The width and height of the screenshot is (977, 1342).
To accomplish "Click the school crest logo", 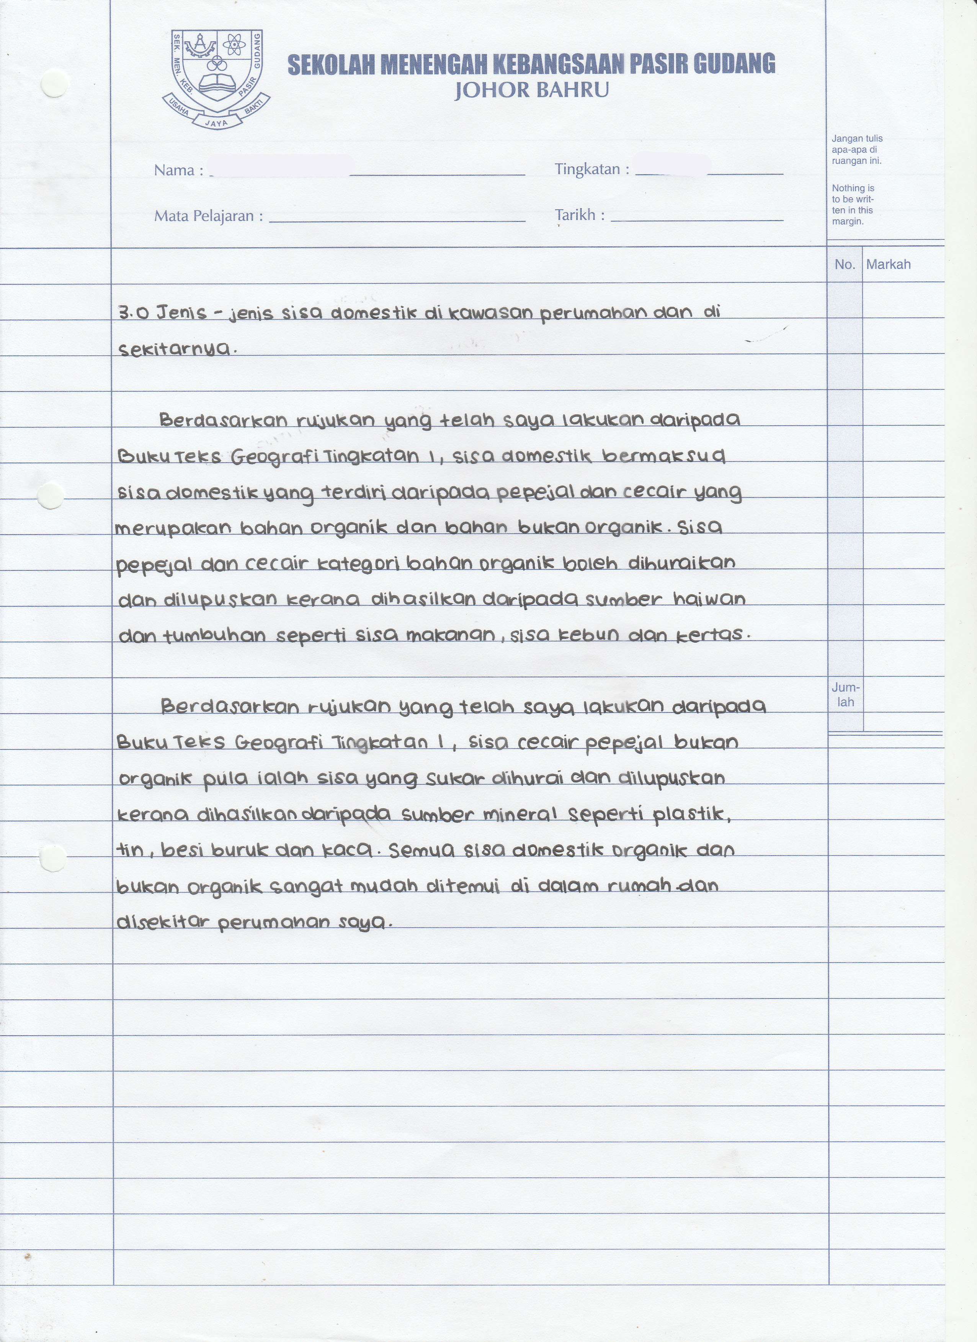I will click(x=216, y=79).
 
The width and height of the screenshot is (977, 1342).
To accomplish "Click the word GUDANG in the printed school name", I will click(x=733, y=64).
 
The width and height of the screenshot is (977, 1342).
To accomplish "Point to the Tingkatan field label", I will click(x=591, y=169).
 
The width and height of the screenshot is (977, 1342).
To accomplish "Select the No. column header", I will click(x=845, y=264).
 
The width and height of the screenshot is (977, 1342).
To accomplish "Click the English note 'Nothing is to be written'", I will click(x=853, y=205).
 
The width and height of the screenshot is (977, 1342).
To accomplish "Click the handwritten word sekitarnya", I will click(x=175, y=350).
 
